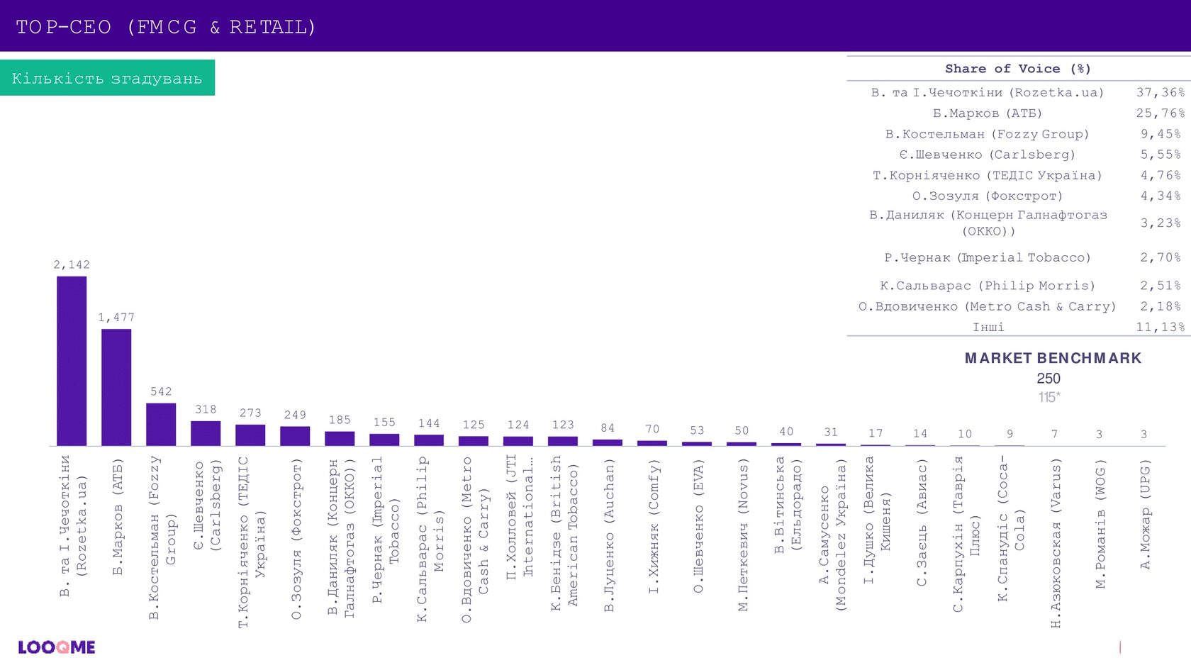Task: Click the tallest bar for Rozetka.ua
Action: pyautogui.click(x=72, y=361)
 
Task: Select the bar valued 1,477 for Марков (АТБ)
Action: pyautogui.click(x=116, y=387)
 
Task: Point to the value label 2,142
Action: pyautogui.click(x=72, y=264)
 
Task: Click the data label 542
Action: pyautogui.click(x=161, y=391)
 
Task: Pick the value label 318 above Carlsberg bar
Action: pyautogui.click(x=206, y=409)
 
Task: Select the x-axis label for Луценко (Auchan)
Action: pyautogui.click(x=609, y=535)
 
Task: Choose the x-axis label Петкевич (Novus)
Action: pyautogui.click(x=743, y=535)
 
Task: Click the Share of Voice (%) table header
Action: pyautogui.click(x=1017, y=69)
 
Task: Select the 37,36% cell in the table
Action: pyautogui.click(x=1160, y=92)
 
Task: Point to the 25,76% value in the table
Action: pyautogui.click(x=1160, y=113)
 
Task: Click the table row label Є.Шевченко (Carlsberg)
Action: pyautogui.click(x=987, y=155)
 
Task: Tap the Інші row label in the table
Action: pyautogui.click(x=988, y=327)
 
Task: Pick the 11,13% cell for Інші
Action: pyautogui.click(x=1160, y=327)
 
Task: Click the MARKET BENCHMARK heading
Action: pyautogui.click(x=1053, y=358)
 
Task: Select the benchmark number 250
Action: pyautogui.click(x=1049, y=379)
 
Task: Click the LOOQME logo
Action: pyautogui.click(x=57, y=647)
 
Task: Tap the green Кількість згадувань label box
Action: pyautogui.click(x=107, y=78)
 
